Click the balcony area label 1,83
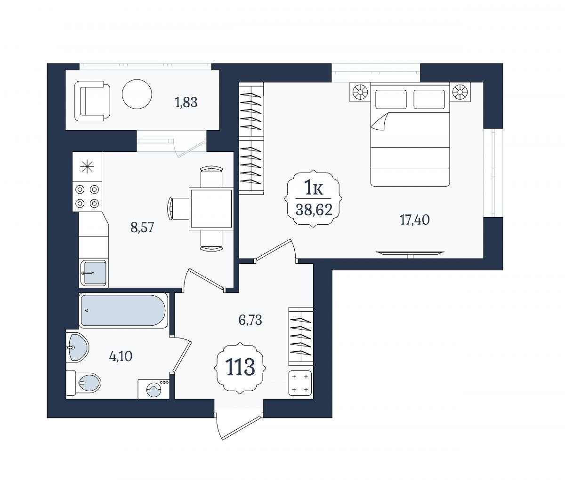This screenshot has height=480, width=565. click(x=186, y=103)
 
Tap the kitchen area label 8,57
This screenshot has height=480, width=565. click(x=142, y=228)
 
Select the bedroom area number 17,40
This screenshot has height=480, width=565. click(x=415, y=220)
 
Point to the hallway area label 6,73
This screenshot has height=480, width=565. click(x=250, y=320)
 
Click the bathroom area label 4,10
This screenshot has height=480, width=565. click(x=121, y=356)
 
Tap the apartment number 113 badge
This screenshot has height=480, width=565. click(x=240, y=368)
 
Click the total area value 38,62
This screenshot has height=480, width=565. click(x=314, y=210)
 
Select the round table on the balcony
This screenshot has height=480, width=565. click(x=137, y=94)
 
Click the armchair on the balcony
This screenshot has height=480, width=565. click(x=92, y=101)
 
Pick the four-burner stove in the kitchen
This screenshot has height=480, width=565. click(x=87, y=197)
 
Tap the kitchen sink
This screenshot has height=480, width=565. click(x=94, y=273)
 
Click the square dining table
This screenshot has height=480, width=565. click(x=211, y=209)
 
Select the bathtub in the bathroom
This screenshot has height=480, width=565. click(x=123, y=311)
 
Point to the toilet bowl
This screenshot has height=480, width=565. click(x=84, y=383)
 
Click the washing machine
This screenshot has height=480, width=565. click(x=153, y=389)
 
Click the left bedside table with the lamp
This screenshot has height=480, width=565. click(x=360, y=92)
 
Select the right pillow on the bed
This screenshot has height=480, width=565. click(x=429, y=99)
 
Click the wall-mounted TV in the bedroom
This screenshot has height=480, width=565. click(x=410, y=253)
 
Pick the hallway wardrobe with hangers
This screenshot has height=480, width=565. click(x=301, y=337)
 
